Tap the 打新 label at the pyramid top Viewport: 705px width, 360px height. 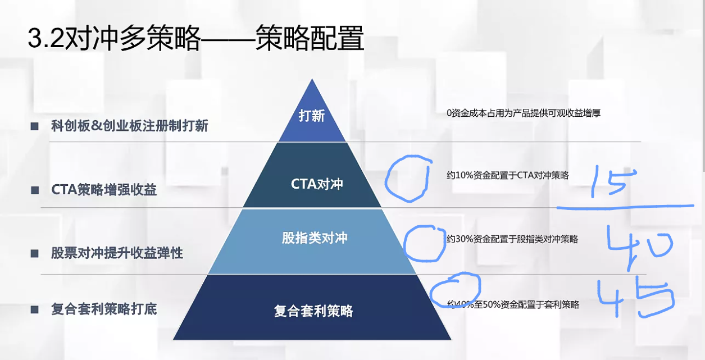pyautogui.click(x=312, y=116)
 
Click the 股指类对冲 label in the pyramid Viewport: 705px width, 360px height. pyautogui.click(x=315, y=238)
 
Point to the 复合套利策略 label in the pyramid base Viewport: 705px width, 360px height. pyautogui.click(x=313, y=311)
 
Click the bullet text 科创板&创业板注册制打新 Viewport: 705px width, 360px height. pyautogui.click(x=130, y=126)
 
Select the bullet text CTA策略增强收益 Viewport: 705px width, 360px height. pyautogui.click(x=104, y=190)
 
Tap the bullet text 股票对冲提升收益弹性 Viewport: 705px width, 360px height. pyautogui.click(x=117, y=253)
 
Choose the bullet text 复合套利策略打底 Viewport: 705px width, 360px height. pyautogui.click(x=104, y=309)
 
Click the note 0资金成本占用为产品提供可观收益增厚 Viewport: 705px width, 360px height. pyautogui.click(x=524, y=113)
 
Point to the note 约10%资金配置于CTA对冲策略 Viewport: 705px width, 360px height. pyautogui.click(x=508, y=175)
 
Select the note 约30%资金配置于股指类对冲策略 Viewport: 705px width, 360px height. pyautogui.click(x=512, y=239)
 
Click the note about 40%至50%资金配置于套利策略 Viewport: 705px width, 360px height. pyautogui.click(x=513, y=304)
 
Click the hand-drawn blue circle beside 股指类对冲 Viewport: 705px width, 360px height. pyautogui.click(x=425, y=243)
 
